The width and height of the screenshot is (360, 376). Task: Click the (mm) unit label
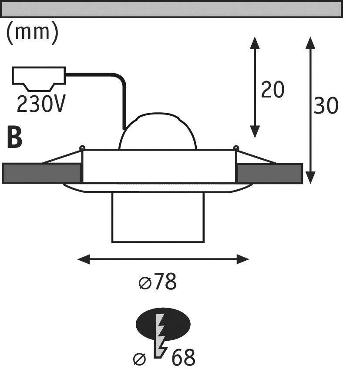(32, 33)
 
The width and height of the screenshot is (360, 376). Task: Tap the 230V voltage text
(41, 104)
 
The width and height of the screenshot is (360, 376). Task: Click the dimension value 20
(273, 90)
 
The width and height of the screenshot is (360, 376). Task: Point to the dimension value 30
(326, 105)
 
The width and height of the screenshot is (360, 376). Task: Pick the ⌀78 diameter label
(158, 281)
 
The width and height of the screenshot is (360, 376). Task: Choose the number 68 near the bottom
(183, 358)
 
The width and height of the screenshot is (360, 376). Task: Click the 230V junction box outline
(39, 79)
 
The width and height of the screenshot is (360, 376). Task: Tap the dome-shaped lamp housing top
(158, 131)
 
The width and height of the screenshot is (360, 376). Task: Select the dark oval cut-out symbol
(163, 324)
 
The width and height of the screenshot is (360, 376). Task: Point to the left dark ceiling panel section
(41, 173)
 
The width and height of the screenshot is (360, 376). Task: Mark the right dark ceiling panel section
(270, 174)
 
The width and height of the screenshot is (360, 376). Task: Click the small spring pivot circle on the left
(82, 148)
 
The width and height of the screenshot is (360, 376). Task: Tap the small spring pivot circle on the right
(236, 148)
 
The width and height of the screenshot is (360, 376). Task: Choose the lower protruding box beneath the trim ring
(158, 217)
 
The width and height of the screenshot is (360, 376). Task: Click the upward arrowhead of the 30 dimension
(311, 43)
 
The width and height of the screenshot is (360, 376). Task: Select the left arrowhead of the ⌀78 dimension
(84, 259)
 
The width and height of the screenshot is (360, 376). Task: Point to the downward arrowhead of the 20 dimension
(255, 132)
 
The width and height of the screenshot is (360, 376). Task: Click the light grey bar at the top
(172, 9)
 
